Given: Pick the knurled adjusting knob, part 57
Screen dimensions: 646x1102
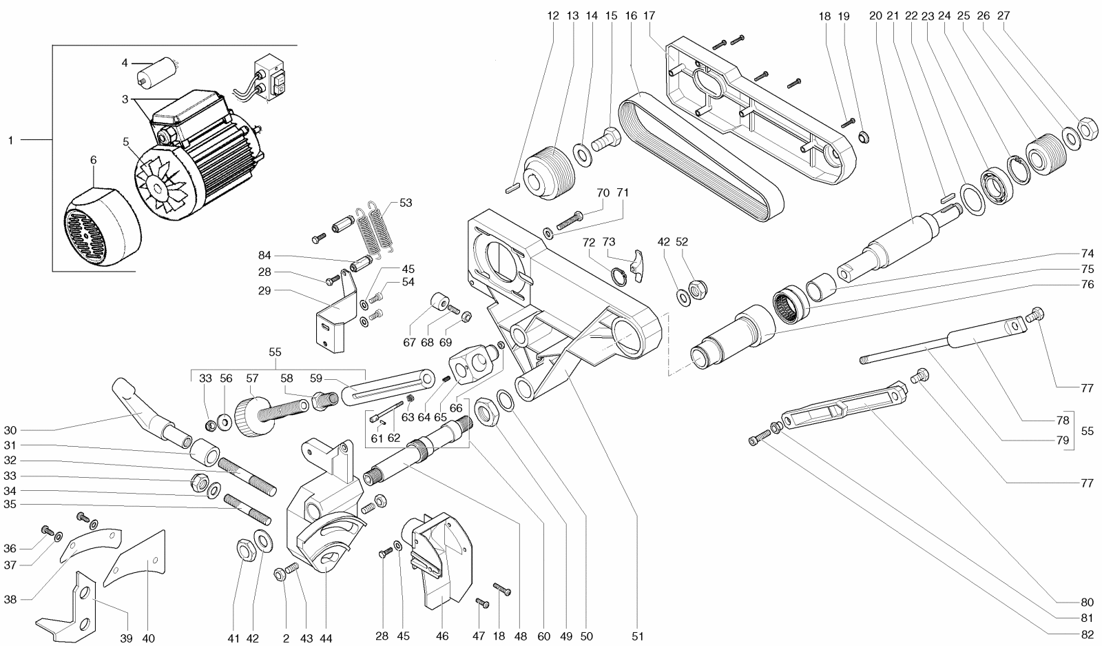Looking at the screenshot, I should point(252,416).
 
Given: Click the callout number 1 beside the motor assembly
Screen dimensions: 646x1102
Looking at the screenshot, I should point(11,141).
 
